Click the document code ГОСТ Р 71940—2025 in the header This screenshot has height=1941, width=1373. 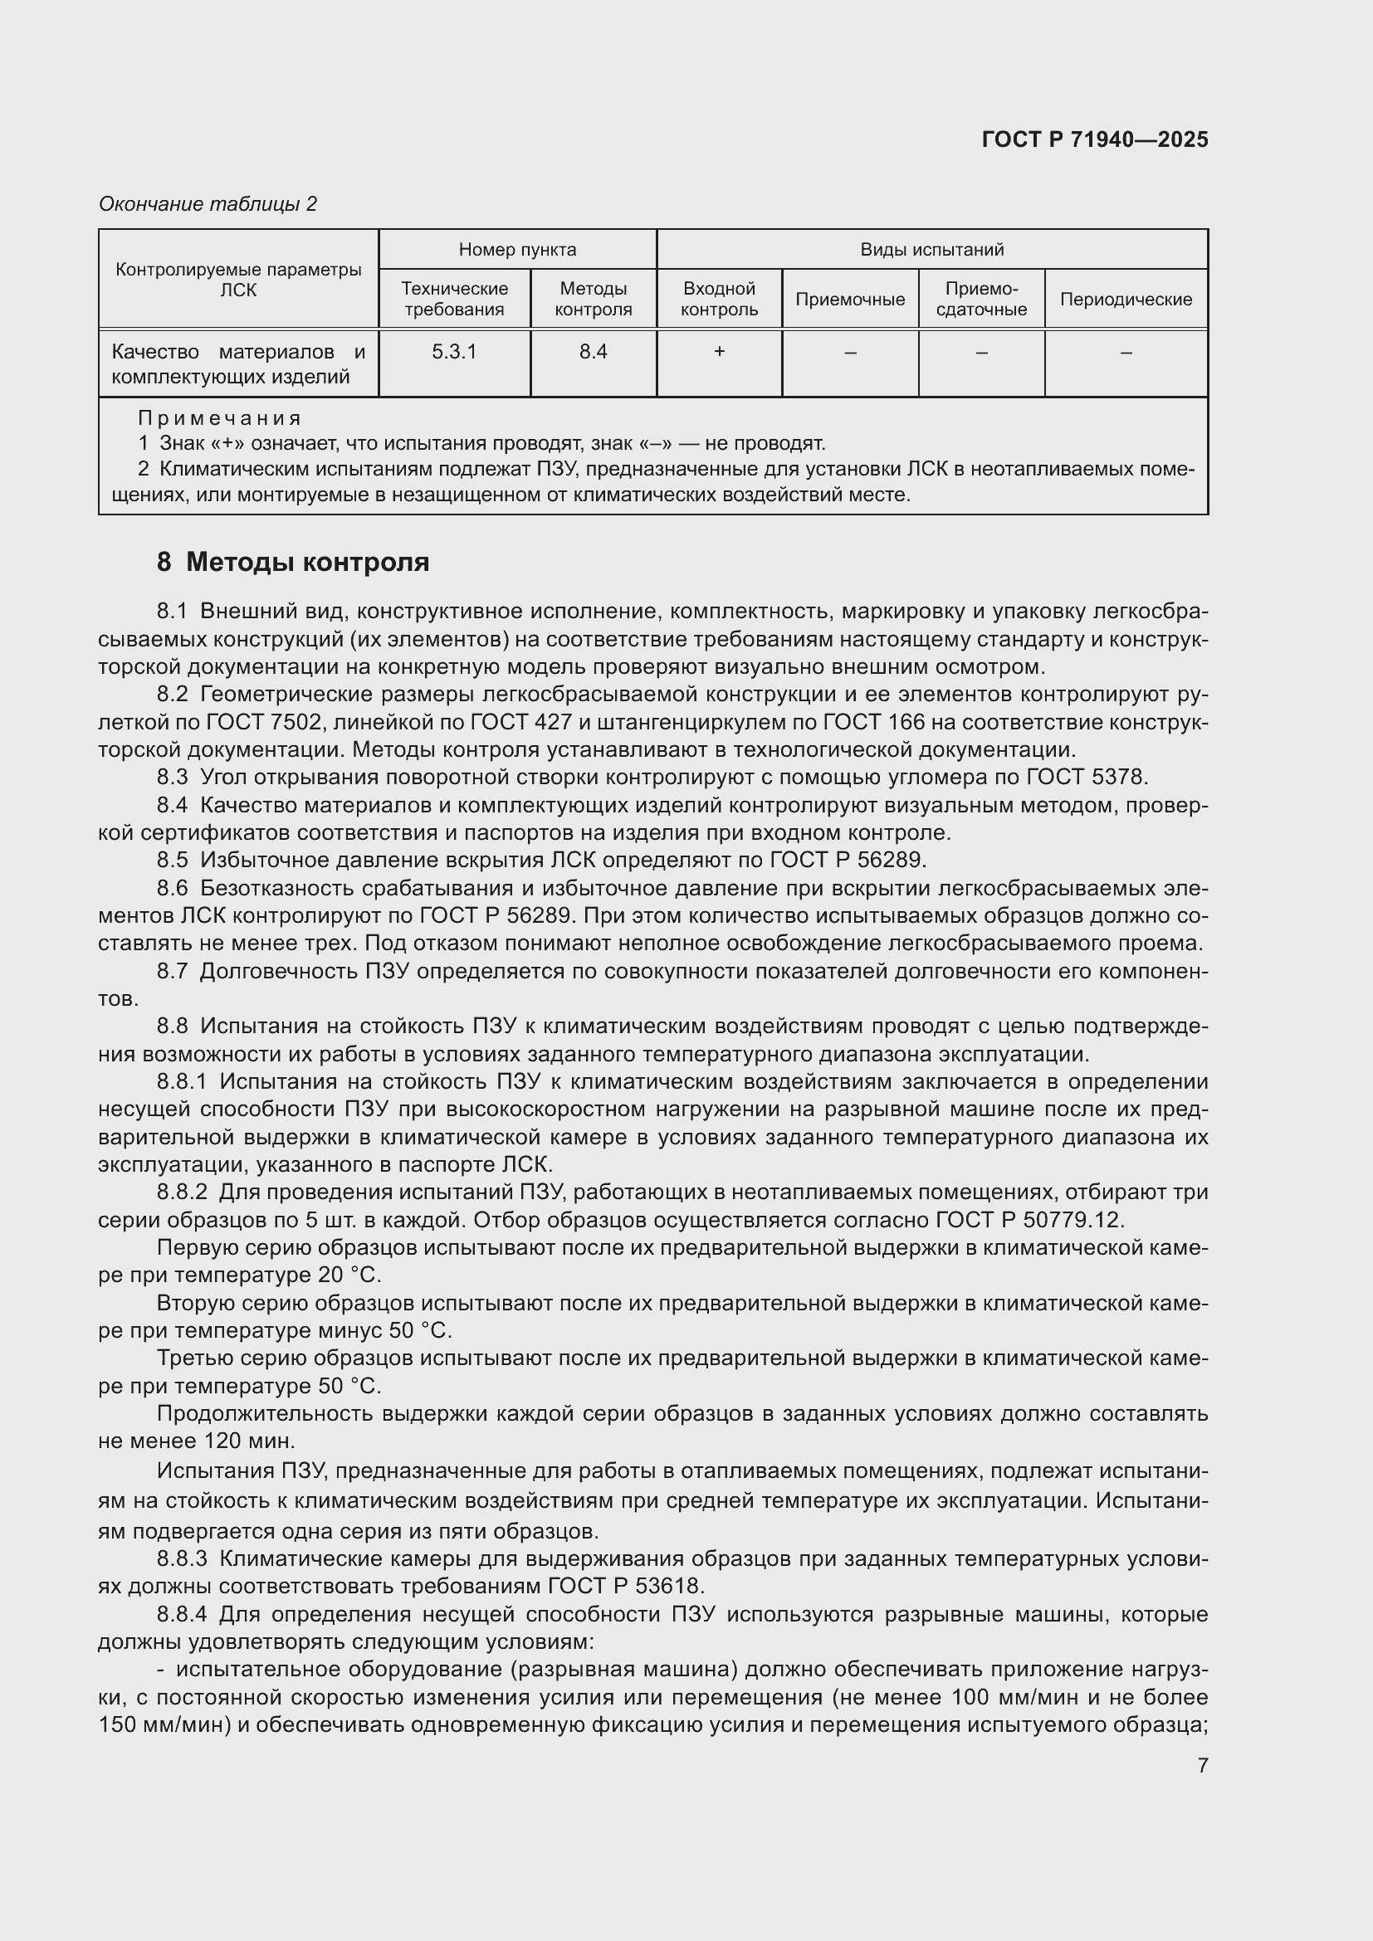1095,139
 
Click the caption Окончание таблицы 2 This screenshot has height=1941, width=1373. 208,204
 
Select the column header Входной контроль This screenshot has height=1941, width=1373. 719,300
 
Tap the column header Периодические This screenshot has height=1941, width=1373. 1126,300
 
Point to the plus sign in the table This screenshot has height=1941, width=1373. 719,352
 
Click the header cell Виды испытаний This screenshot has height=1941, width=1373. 931,250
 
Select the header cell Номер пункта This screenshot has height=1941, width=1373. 517,250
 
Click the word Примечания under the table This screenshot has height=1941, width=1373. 219,418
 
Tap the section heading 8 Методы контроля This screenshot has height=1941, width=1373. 292,562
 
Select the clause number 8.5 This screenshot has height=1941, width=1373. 173,861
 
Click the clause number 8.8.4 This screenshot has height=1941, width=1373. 182,1615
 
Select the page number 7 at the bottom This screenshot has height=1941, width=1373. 1202,1766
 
